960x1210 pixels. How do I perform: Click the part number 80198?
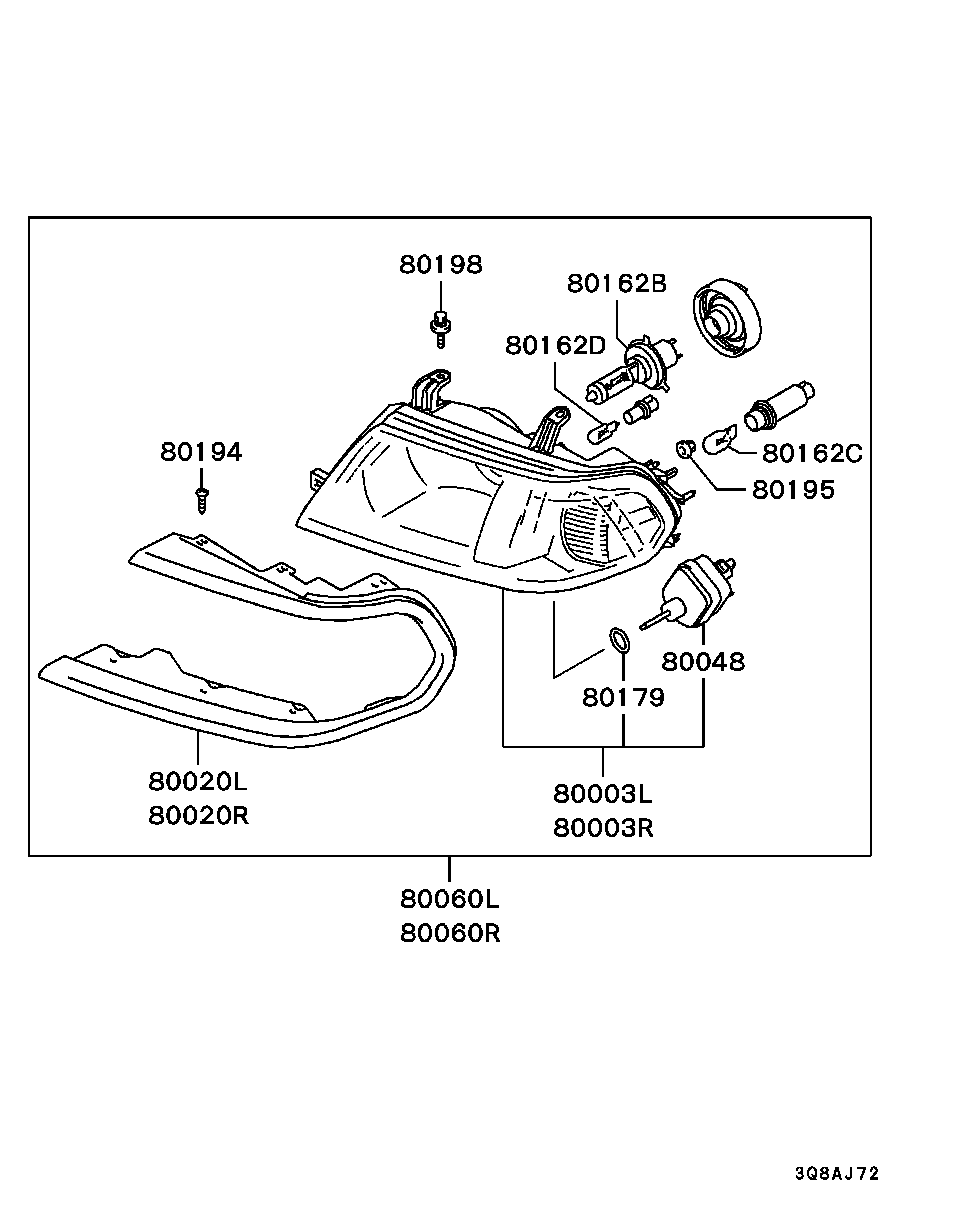pyautogui.click(x=441, y=264)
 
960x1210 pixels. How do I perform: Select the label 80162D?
pyautogui.click(x=555, y=345)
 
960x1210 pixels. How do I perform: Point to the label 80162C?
pyautogui.click(x=812, y=454)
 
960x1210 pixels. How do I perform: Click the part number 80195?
pyautogui.click(x=793, y=490)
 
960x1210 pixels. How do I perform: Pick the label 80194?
pyautogui.click(x=201, y=452)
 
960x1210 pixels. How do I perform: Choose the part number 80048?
pyautogui.click(x=703, y=662)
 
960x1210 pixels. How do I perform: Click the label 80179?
pyautogui.click(x=623, y=698)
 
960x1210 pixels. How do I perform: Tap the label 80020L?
pyautogui.click(x=198, y=781)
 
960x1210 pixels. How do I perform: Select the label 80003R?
pyautogui.click(x=603, y=828)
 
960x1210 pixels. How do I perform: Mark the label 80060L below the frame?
pyautogui.click(x=450, y=899)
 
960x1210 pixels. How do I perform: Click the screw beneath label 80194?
pyautogui.click(x=202, y=500)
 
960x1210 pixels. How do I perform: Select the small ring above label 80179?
pyautogui.click(x=619, y=641)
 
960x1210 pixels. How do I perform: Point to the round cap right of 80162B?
pyautogui.click(x=726, y=319)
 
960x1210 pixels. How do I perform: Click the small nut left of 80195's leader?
pyautogui.click(x=685, y=449)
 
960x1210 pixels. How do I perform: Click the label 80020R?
pyautogui.click(x=198, y=816)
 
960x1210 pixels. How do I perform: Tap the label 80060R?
pyautogui.click(x=450, y=934)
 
